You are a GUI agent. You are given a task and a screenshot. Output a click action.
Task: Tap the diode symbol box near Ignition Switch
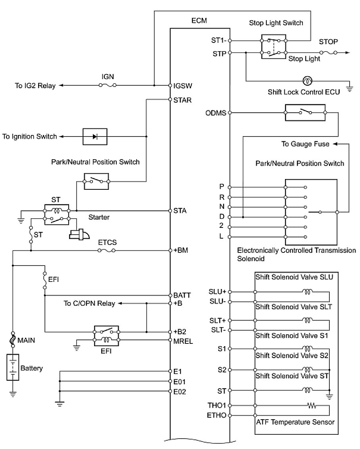tap(95, 137)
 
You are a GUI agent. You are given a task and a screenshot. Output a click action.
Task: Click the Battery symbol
tap(13, 368)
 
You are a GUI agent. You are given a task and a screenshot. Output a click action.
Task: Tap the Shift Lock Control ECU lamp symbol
tap(307, 81)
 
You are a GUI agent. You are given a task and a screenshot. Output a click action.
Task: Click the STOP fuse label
tap(329, 42)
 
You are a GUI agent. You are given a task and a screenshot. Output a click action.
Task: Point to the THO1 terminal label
tap(217, 406)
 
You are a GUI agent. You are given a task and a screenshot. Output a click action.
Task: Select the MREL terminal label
tap(183, 340)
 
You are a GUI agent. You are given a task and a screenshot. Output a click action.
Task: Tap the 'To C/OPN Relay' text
tap(89, 304)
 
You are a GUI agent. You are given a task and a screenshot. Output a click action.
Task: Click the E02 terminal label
tap(180, 392)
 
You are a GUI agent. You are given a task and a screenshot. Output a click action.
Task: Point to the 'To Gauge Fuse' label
tap(305, 144)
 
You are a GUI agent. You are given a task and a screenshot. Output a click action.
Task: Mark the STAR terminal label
tap(183, 100)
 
